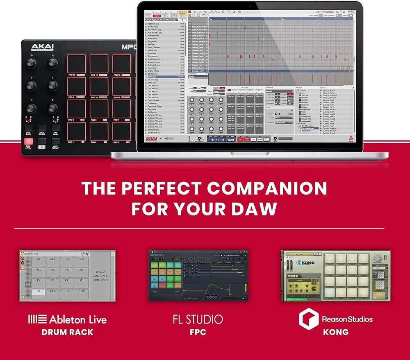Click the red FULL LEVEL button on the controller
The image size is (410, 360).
point(28,142)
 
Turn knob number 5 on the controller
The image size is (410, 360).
point(31,63)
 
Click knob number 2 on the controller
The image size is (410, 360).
point(52,108)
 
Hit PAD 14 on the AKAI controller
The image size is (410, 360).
point(99,64)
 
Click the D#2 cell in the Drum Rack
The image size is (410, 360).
point(81,259)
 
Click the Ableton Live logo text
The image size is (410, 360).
point(67,319)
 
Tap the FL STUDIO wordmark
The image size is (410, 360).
point(198,319)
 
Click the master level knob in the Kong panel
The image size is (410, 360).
point(378,258)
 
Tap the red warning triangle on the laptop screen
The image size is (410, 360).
point(350,138)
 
